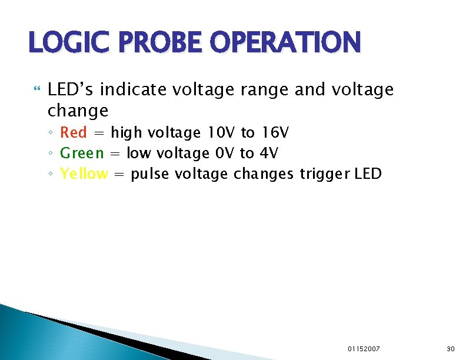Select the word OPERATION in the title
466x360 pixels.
pyautogui.click(x=284, y=42)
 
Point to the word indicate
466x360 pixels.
pyautogui.click(x=135, y=90)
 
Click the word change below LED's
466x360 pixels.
pyautogui.click(x=78, y=111)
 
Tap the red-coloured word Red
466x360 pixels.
pyautogui.click(x=74, y=133)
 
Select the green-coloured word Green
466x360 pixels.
pyautogui.click(x=82, y=154)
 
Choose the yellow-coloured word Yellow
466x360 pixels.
pyautogui.click(x=84, y=174)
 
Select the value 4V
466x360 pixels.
pyautogui.click(x=268, y=154)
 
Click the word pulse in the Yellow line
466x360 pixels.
pyautogui.click(x=151, y=175)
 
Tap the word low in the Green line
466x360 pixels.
pyautogui.click(x=138, y=154)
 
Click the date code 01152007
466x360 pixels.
pyautogui.click(x=364, y=349)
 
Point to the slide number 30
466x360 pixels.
pyautogui.click(x=451, y=349)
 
